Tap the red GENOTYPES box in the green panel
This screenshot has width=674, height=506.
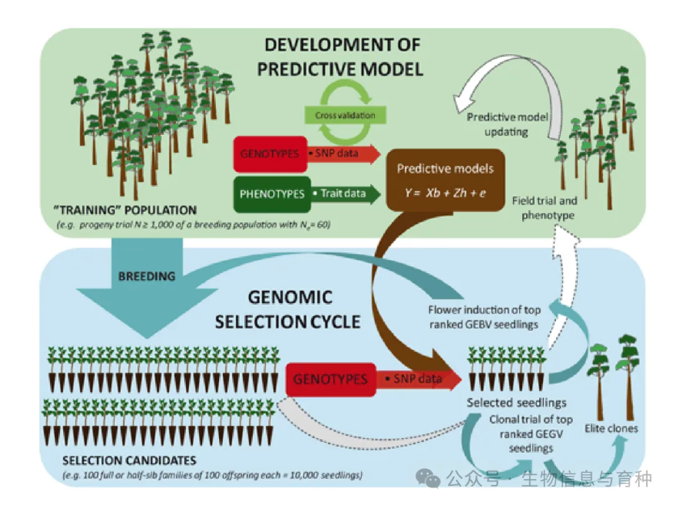point(269,152)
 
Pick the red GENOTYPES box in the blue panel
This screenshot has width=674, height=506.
point(330,379)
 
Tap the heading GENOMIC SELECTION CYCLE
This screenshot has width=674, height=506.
point(288,309)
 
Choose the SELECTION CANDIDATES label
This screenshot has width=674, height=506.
point(129,461)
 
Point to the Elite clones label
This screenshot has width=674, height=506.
point(611,429)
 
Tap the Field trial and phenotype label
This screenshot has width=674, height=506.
point(544,207)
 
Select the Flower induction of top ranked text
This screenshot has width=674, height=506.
point(484,316)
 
